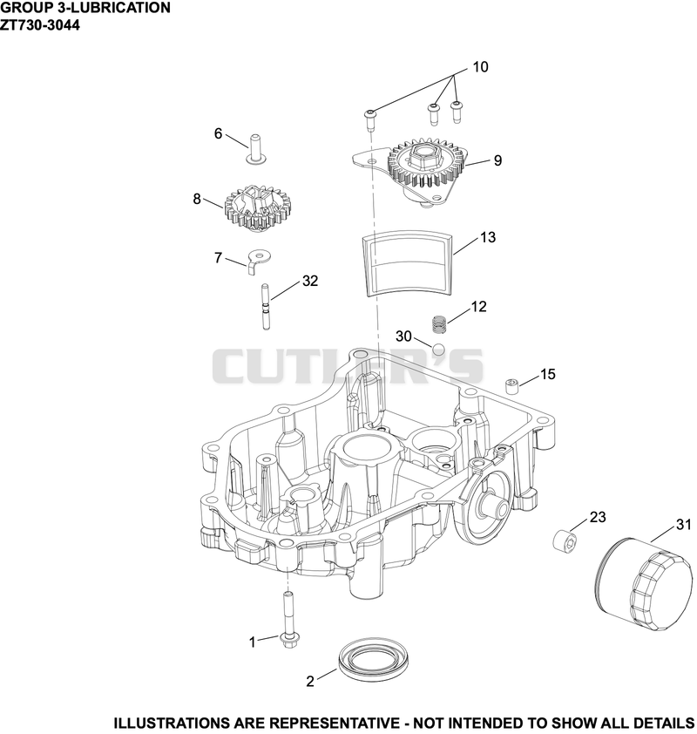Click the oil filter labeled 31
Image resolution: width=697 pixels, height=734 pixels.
point(646,585)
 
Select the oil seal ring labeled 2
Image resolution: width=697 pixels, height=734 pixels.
point(375,663)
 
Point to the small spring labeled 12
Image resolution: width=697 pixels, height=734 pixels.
point(438,325)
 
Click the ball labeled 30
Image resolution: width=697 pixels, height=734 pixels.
point(439,350)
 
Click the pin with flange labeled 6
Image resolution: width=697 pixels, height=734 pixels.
point(254,149)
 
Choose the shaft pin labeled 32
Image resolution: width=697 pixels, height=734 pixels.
point(265,307)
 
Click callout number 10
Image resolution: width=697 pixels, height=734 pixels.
point(480,67)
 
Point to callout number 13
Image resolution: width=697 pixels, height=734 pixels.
point(487,237)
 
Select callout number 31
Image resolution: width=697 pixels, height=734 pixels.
point(683,526)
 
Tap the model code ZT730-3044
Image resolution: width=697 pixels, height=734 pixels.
point(40,24)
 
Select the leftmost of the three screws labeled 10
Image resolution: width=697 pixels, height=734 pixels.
point(369,119)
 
